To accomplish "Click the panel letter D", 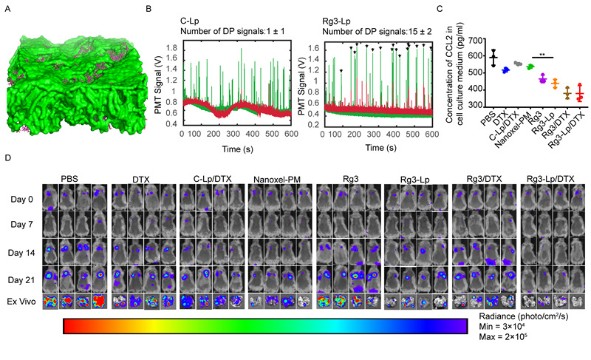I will (7, 158).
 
